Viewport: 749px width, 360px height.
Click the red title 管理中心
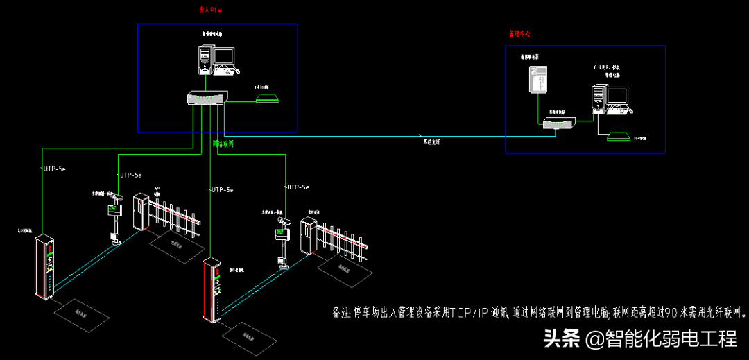click(x=519, y=33)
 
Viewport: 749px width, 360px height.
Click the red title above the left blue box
click(x=210, y=10)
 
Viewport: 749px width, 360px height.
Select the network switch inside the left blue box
click(x=207, y=98)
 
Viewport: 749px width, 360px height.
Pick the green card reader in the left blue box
click(x=268, y=97)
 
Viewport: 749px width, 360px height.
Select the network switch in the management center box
click(x=559, y=123)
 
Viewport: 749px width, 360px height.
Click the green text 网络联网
click(x=223, y=144)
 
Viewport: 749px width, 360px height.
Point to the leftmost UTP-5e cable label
click(x=55, y=169)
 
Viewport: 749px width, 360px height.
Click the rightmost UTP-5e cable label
click(x=298, y=187)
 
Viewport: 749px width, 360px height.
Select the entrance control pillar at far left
click(x=45, y=268)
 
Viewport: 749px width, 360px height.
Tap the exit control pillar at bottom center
click(x=214, y=291)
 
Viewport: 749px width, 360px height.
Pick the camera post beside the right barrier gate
click(x=282, y=239)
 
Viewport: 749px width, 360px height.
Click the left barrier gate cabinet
click(x=141, y=211)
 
